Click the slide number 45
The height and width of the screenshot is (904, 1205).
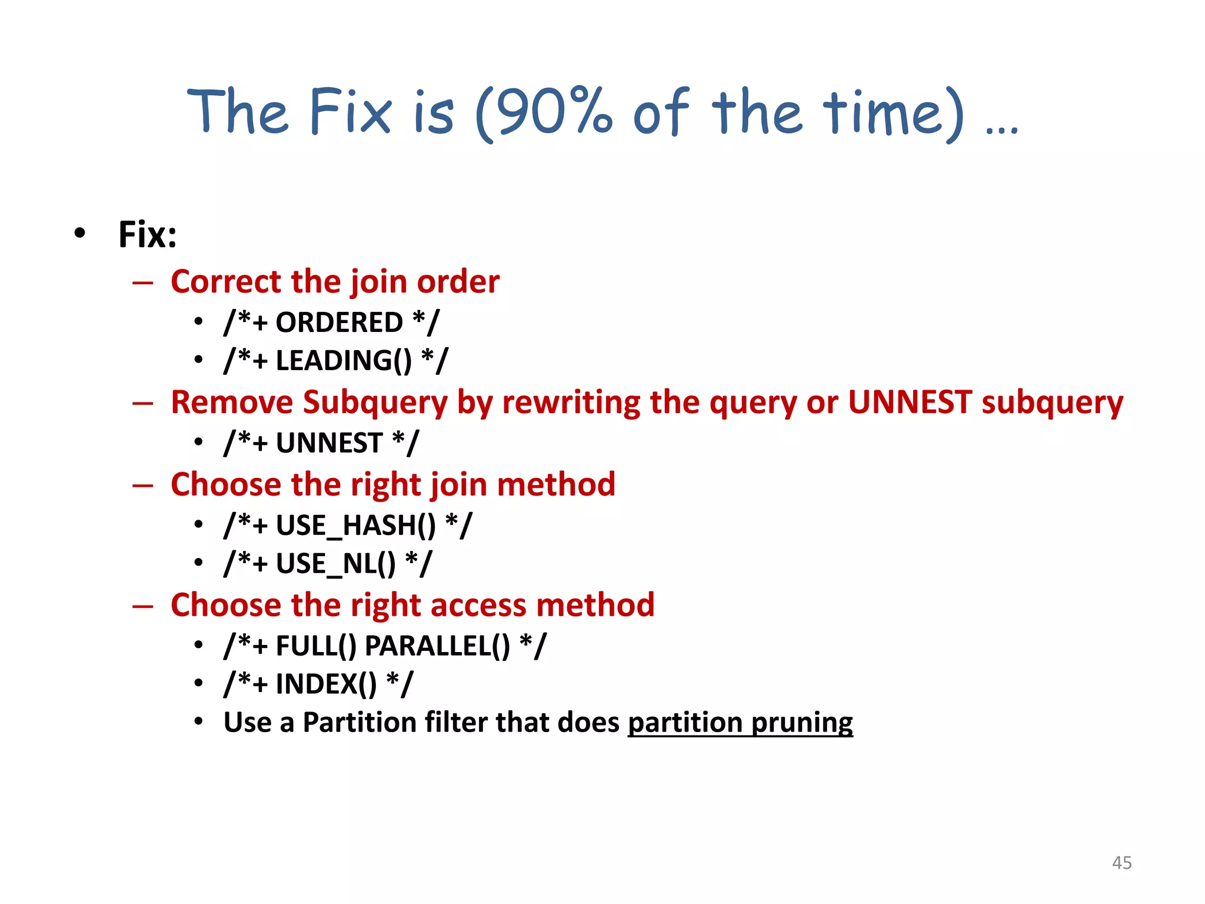pos(1121,862)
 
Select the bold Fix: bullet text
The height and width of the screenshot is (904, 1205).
pos(147,234)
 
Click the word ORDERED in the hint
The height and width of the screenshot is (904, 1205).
pos(339,323)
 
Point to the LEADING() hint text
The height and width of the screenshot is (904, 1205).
pos(344,360)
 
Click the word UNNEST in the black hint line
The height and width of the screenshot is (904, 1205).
pos(329,443)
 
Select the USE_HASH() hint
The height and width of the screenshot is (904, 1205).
pos(355,525)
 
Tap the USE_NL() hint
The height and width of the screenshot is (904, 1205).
pos(335,563)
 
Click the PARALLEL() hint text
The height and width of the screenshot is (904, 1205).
pos(437,646)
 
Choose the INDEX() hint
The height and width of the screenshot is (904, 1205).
pos(326,684)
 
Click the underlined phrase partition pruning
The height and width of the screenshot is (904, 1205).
pos(740,722)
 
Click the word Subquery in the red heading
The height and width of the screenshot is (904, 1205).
pos(375,403)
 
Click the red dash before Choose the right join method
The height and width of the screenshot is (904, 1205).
pos(142,486)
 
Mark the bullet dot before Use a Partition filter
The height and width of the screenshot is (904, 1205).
pos(199,721)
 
